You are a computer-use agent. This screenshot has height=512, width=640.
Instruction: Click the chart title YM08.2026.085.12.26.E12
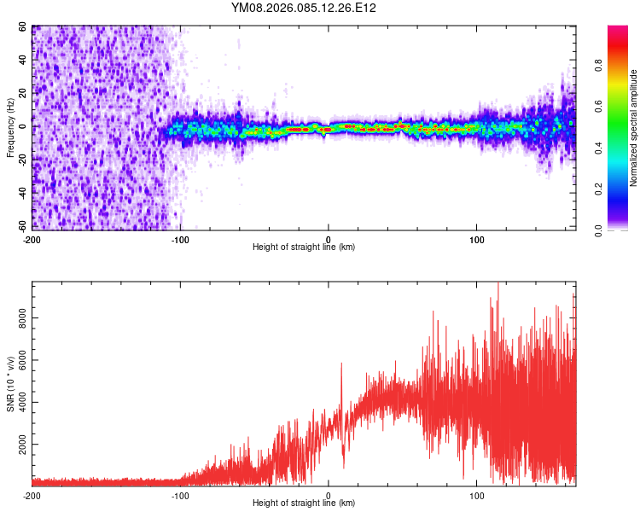click(x=304, y=8)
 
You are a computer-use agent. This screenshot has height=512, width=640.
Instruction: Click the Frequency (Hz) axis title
click(x=10, y=128)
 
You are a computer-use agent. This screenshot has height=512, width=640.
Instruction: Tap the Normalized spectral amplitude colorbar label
click(x=633, y=128)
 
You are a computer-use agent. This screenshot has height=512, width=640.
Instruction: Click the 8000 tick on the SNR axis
click(x=20, y=317)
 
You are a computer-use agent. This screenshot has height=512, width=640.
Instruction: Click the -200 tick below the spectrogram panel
click(x=32, y=239)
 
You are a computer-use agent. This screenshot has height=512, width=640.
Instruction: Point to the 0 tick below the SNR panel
click(x=329, y=495)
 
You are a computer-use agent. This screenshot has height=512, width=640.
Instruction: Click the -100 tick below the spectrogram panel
click(x=180, y=239)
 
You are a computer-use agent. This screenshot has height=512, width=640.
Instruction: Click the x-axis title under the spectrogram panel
click(x=304, y=247)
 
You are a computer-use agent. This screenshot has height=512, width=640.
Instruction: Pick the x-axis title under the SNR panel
click(x=304, y=503)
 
